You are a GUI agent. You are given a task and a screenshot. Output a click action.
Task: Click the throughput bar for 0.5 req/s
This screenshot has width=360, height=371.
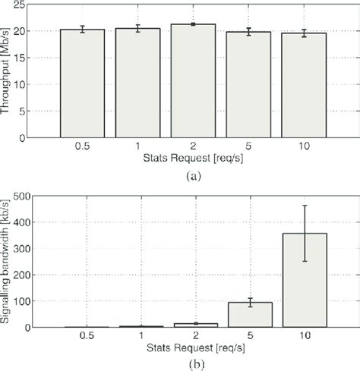[83, 83]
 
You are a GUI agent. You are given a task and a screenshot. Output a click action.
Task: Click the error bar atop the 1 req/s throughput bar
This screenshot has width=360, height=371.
[137, 29]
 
